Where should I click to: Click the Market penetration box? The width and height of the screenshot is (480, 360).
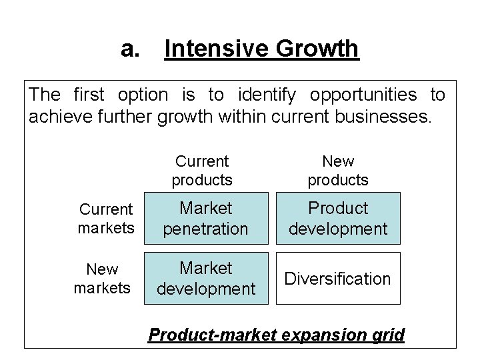click(x=206, y=219)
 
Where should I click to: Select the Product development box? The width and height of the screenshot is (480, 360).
click(x=338, y=219)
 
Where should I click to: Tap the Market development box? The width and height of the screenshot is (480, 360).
click(x=206, y=279)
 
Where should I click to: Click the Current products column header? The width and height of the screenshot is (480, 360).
click(x=201, y=171)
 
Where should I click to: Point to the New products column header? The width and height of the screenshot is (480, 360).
click(x=337, y=171)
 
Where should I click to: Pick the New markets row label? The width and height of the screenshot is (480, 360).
click(x=103, y=279)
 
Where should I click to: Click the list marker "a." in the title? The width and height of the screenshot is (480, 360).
click(x=130, y=49)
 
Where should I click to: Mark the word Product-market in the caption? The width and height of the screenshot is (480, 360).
click(x=212, y=334)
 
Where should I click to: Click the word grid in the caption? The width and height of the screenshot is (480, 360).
click(x=388, y=334)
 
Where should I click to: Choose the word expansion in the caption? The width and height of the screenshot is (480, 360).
click(x=323, y=334)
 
